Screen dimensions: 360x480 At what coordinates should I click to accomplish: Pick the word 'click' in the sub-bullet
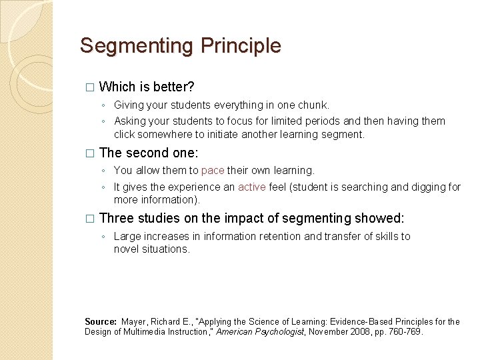point(126,134)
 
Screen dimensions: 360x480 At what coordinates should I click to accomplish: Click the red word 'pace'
point(213,170)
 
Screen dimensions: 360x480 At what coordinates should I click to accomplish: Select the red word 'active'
point(251,187)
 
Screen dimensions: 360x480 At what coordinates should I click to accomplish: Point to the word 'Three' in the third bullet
point(117,218)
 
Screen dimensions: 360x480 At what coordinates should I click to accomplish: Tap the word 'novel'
point(127,249)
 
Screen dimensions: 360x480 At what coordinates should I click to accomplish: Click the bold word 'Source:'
point(101,321)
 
